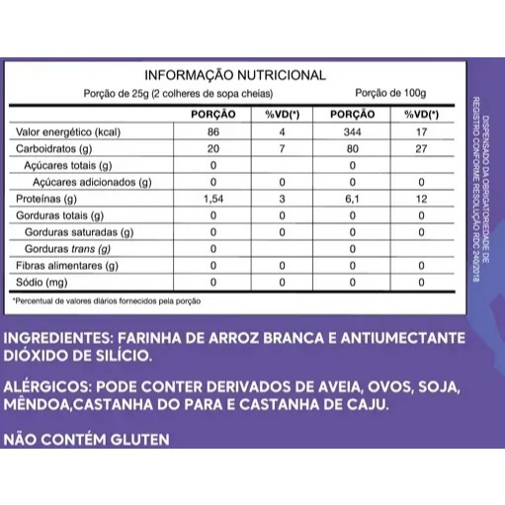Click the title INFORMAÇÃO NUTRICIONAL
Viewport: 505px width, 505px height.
[235, 75]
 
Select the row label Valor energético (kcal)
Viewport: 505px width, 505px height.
[66, 132]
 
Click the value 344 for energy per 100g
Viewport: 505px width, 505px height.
[352, 132]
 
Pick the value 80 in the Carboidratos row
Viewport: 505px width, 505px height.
[352, 149]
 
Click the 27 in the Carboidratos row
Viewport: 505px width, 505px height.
[422, 149]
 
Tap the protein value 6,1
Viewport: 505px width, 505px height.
[352, 199]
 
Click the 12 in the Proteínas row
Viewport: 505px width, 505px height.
[422, 199]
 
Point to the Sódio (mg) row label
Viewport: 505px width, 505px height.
[43, 282]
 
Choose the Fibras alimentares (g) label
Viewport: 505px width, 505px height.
[66, 265]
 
